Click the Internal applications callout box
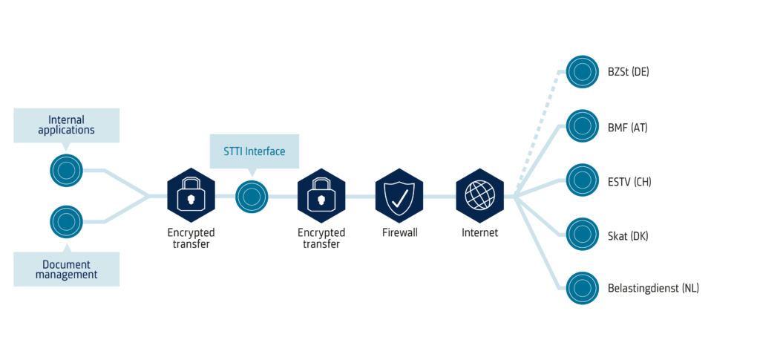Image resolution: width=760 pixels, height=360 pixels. tap(66, 125)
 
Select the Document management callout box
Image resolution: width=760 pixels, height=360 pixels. tap(66, 269)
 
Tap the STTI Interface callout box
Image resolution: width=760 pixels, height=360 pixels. tap(254, 151)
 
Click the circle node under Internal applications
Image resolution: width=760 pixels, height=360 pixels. tap(66, 170)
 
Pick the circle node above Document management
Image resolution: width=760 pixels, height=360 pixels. tap(66, 221)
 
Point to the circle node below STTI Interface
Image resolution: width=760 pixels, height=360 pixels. tap(252, 197)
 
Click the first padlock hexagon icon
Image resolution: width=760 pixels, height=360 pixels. tap(190, 196)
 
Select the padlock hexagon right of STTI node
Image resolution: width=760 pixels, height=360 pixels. tap(321, 196)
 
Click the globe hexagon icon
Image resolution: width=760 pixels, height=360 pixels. tap(479, 196)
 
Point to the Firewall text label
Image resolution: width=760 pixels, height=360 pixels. tap(399, 233)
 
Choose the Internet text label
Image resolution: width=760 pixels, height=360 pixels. tap(479, 233)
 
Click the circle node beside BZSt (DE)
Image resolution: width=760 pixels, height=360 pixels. tap(583, 72)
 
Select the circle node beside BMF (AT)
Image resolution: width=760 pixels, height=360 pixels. tap(583, 126)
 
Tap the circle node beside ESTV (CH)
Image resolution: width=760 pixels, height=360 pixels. tap(583, 180)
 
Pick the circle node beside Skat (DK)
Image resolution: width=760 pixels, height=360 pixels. tap(583, 234)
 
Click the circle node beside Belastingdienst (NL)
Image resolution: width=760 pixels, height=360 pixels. tap(583, 287)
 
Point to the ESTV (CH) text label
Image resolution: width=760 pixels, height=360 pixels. tap(629, 180)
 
